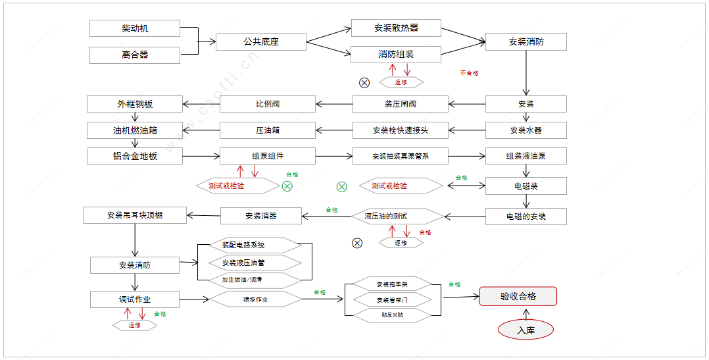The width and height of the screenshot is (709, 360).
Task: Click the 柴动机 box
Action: click(x=134, y=28)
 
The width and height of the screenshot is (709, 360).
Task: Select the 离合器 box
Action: click(x=134, y=55)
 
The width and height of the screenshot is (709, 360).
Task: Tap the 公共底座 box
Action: click(x=261, y=42)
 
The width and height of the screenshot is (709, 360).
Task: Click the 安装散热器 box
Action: click(x=396, y=28)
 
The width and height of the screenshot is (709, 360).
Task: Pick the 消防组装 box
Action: click(x=396, y=54)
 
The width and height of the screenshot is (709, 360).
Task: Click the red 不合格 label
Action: click(x=469, y=73)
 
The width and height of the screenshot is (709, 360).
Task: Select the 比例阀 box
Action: click(x=268, y=104)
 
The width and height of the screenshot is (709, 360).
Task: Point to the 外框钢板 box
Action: click(x=134, y=104)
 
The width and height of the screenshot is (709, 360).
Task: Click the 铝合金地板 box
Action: click(x=134, y=157)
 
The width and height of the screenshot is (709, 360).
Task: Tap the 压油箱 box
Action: click(x=268, y=130)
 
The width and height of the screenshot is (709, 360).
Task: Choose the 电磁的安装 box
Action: click(x=526, y=217)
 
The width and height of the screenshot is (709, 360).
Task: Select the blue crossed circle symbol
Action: click(x=357, y=243)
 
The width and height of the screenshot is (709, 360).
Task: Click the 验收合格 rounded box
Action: click(x=518, y=296)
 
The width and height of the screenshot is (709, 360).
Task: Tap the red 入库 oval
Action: click(x=526, y=330)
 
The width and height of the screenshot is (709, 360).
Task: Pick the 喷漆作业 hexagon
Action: click(x=255, y=299)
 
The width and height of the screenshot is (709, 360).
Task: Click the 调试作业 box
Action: click(x=134, y=299)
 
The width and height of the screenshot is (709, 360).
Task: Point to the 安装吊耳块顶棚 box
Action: click(x=134, y=215)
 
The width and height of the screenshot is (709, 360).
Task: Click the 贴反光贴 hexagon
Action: click(x=393, y=315)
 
